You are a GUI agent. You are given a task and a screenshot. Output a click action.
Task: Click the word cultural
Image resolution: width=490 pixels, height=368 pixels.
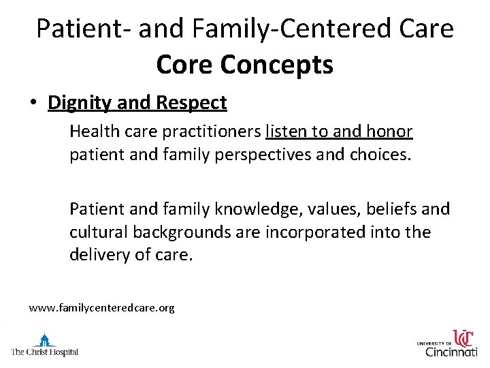(x=97, y=232)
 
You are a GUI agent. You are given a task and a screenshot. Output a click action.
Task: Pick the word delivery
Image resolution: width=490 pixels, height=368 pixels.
(x=97, y=256)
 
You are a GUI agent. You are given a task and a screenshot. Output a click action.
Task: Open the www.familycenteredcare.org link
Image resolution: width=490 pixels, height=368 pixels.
(x=101, y=308)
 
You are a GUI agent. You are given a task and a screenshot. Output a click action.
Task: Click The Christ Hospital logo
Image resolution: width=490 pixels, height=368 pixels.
(x=44, y=345)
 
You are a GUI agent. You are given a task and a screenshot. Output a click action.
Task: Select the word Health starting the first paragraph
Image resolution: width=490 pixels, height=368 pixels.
(x=93, y=131)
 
